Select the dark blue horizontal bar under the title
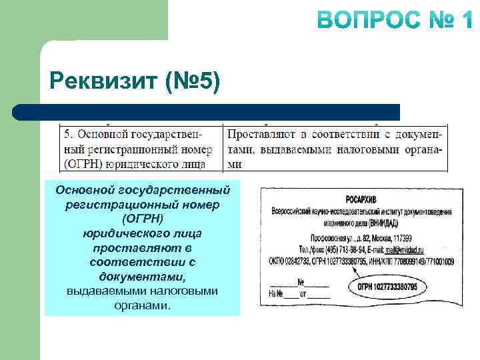(x=207, y=112)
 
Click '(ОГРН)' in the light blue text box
(x=142, y=219)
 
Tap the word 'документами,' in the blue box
(x=142, y=276)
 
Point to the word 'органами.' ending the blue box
(x=142, y=306)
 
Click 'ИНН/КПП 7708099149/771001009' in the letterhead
(x=414, y=261)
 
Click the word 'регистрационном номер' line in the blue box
(x=142, y=205)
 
